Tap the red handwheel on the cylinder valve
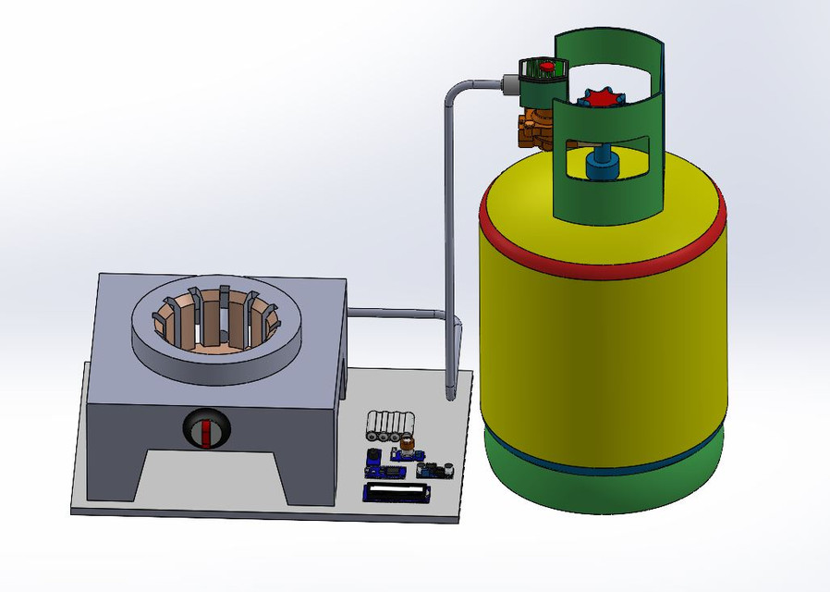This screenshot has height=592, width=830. point(603,98)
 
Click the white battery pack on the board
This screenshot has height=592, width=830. point(388,425)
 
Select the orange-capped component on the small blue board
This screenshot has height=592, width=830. point(407,445)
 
